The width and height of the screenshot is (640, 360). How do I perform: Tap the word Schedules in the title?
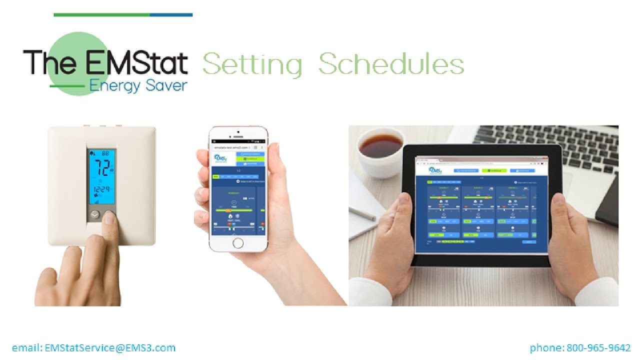391,64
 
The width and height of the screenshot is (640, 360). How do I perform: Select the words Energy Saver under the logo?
138,85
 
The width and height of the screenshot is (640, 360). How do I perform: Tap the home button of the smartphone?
238,243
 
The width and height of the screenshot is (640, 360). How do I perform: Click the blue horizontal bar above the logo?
171,15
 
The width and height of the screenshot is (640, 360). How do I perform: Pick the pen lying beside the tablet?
362,213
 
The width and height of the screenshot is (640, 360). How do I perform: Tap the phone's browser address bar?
232,148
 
